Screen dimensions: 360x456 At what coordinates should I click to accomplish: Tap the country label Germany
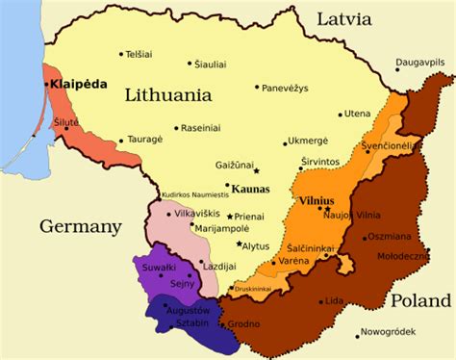pyautogui.click(x=81, y=227)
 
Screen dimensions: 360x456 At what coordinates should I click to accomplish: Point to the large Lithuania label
pyautogui.click(x=168, y=95)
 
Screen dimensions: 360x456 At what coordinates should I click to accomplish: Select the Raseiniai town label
pyautogui.click(x=203, y=127)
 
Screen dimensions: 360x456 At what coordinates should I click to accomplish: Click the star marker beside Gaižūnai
pyautogui.click(x=257, y=171)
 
